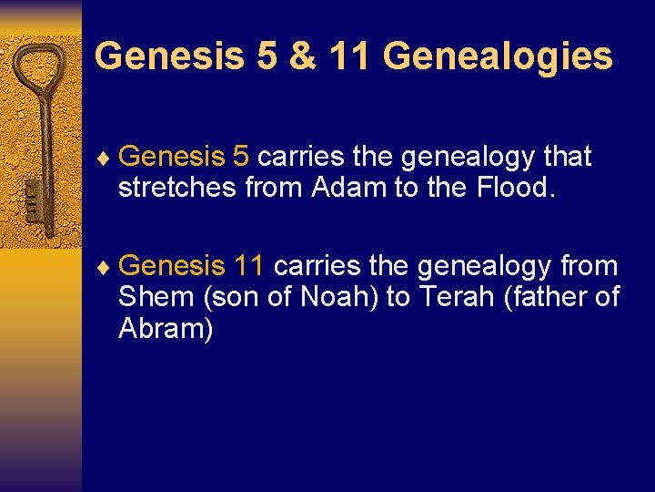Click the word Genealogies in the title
pyautogui.click(x=498, y=56)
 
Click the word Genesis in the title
pyautogui.click(x=169, y=56)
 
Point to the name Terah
pyautogui.click(x=458, y=297)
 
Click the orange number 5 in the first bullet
pyautogui.click(x=240, y=157)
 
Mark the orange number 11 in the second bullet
pyautogui.click(x=249, y=266)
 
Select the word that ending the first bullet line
pyautogui.click(x=567, y=157)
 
